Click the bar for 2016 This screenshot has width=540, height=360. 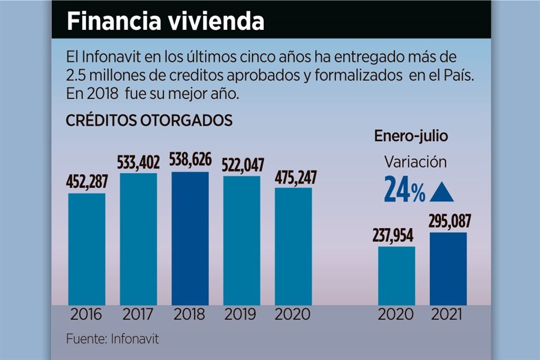(87, 249)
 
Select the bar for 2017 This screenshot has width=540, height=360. (138, 239)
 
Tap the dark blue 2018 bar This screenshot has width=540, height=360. (190, 238)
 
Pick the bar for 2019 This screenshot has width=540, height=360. (242, 241)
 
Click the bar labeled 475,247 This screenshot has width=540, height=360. (293, 246)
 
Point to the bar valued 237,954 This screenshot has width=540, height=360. (397, 276)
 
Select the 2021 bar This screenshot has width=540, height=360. (448, 269)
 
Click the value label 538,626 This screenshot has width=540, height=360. (190, 160)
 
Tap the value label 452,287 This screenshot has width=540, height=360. (87, 182)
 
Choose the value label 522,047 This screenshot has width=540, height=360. (242, 165)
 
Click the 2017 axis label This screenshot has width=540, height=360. (138, 314)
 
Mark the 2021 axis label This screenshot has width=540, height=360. (448, 314)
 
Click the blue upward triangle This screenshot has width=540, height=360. (442, 193)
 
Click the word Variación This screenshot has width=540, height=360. (415, 162)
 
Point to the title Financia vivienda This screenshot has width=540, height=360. (165, 21)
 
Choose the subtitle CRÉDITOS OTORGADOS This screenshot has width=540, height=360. (148, 120)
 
